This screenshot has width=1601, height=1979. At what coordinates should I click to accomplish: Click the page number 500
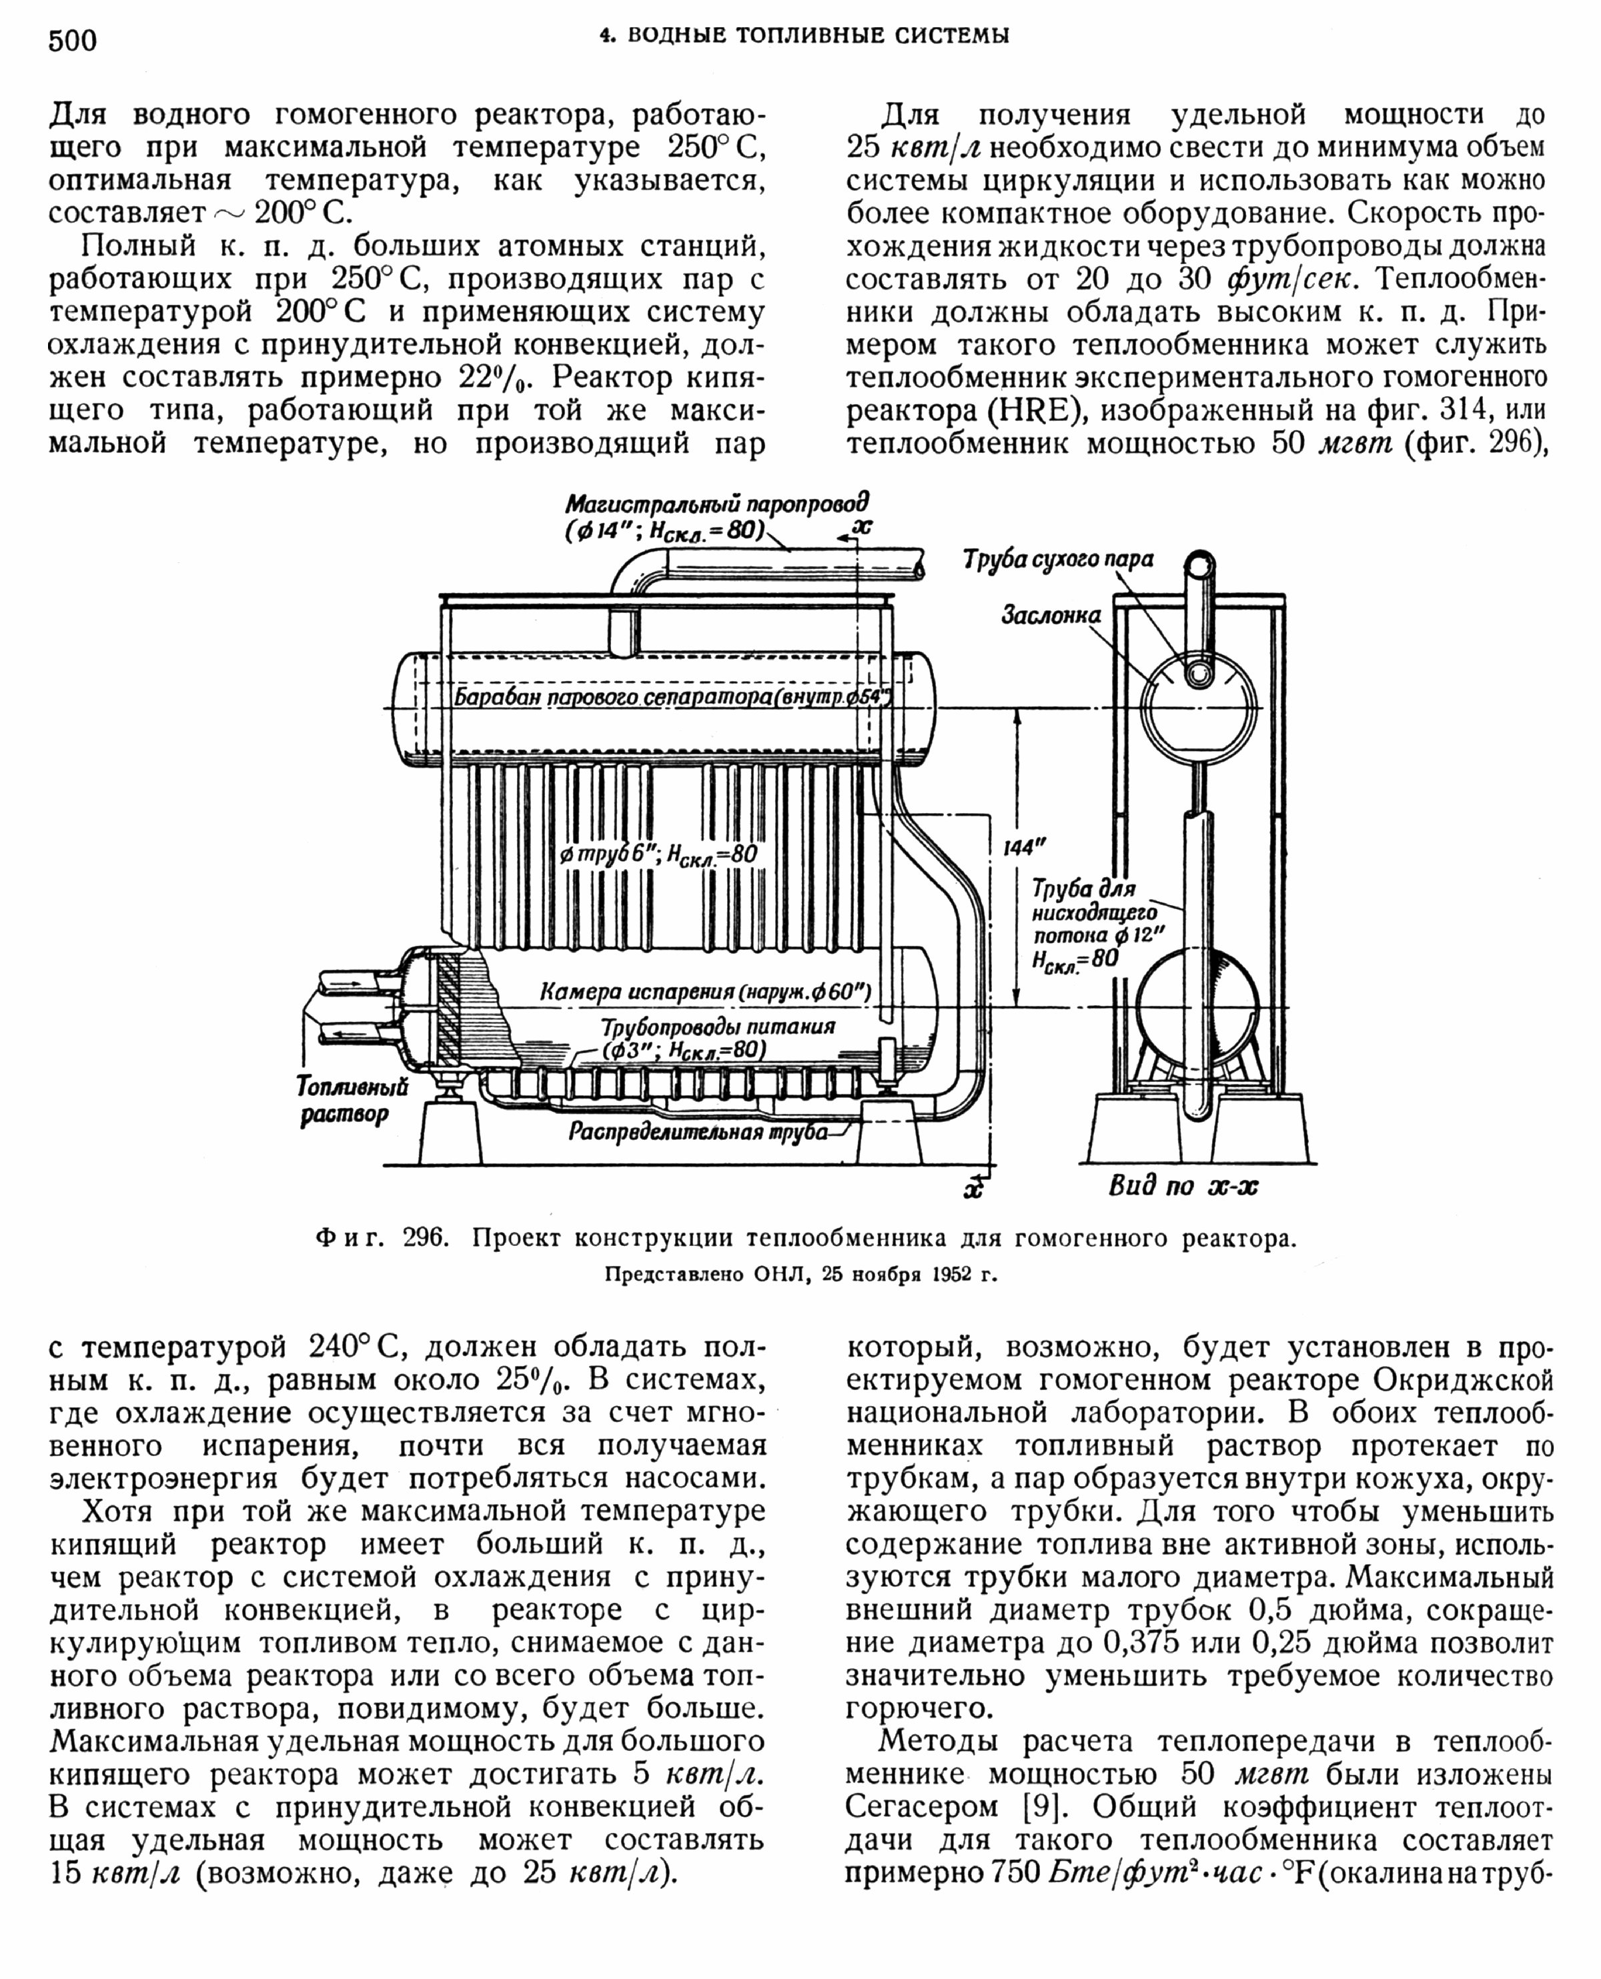click(72, 41)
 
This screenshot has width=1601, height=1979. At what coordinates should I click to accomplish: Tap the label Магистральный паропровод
click(716, 504)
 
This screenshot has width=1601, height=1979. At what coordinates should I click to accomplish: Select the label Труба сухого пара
click(1058, 560)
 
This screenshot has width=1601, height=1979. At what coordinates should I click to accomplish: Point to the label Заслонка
click(1051, 615)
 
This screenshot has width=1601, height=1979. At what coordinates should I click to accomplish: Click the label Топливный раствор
click(352, 1100)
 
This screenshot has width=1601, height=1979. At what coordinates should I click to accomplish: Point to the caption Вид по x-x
click(1182, 1186)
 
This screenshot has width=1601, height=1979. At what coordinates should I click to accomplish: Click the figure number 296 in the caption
click(425, 1239)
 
